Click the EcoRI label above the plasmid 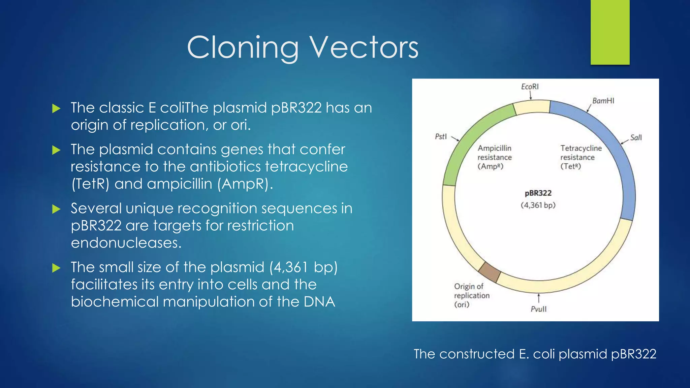[530, 87]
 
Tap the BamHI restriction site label [603, 101]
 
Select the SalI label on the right [636, 137]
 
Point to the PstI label [441, 136]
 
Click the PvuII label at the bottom [538, 309]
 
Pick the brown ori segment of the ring [490, 272]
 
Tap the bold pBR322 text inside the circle [538, 193]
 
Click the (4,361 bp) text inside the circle [538, 205]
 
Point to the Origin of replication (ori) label [471, 295]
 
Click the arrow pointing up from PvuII [539, 298]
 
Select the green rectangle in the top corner [610, 32]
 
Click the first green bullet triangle [56, 108]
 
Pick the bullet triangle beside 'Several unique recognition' [56, 209]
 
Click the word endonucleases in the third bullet [126, 243]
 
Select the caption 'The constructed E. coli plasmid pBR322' [535, 354]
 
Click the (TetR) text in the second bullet [90, 184]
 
